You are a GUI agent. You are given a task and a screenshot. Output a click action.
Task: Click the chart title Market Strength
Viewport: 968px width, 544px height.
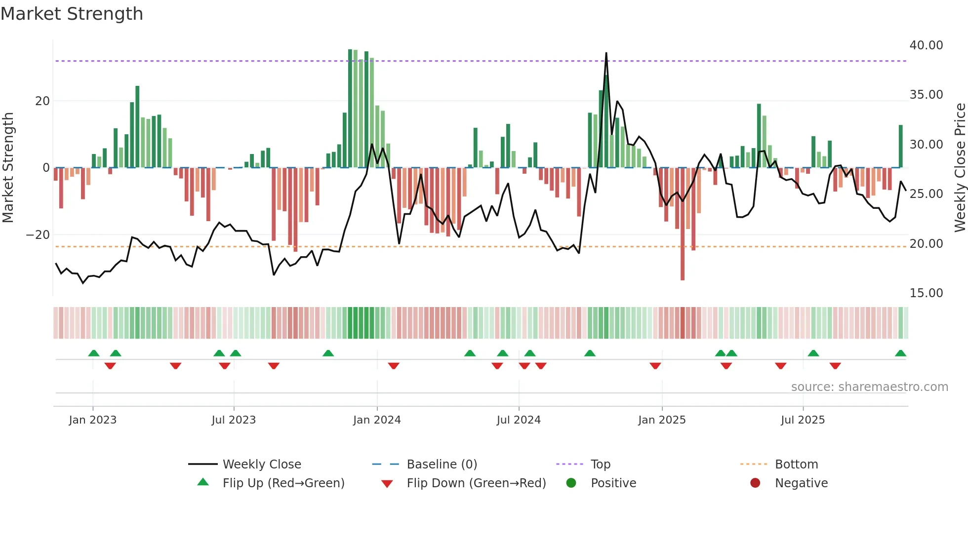pos(72,14)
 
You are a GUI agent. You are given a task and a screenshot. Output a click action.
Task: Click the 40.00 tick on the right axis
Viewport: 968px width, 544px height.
pos(926,45)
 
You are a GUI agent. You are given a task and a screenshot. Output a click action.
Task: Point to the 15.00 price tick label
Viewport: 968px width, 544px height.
pos(926,293)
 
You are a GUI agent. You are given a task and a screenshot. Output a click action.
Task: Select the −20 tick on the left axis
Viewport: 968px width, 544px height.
pos(38,235)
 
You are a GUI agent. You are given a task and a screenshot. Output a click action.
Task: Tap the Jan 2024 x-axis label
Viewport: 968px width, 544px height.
pos(377,420)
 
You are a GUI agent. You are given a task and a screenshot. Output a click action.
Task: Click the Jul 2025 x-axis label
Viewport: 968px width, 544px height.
pos(803,420)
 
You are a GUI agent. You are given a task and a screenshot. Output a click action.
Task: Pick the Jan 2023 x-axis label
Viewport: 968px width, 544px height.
pos(93,420)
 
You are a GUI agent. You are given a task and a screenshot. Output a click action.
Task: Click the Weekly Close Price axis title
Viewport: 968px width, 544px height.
pos(960,168)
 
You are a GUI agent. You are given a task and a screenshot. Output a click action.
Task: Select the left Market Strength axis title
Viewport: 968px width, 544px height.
pos(8,168)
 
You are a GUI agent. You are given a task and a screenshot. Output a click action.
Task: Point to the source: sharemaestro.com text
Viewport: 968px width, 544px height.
pos(869,387)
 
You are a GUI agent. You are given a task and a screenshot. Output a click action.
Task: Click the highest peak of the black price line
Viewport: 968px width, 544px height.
pos(606,53)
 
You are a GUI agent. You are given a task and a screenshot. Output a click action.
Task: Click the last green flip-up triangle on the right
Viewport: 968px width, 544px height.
pos(900,353)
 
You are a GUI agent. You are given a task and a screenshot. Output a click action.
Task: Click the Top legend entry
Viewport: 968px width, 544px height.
pos(600,465)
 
